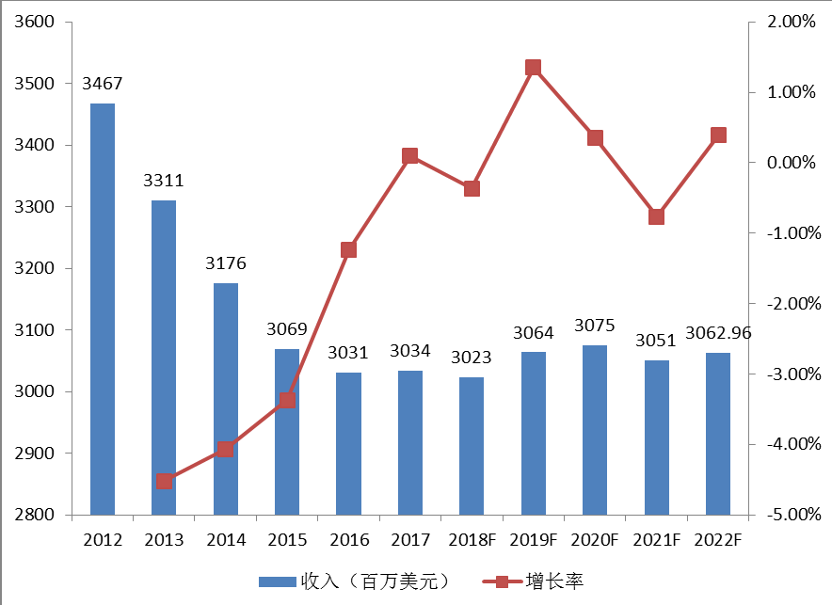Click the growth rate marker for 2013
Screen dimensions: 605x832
click(x=164, y=482)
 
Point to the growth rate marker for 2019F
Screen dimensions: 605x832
click(x=534, y=68)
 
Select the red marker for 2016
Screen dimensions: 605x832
click(x=348, y=250)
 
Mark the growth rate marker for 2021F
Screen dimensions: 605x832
click(x=657, y=216)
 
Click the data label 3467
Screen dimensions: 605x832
click(x=103, y=85)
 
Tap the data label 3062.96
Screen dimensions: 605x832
click(x=718, y=332)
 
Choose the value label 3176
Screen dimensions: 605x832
click(x=226, y=263)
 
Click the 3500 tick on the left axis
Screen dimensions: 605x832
click(x=34, y=84)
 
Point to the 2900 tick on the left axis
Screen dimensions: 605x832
click(x=34, y=454)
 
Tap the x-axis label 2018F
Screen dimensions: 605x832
click(x=472, y=540)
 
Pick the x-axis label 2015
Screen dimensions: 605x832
click(x=287, y=540)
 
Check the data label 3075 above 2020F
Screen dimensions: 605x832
click(x=595, y=326)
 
